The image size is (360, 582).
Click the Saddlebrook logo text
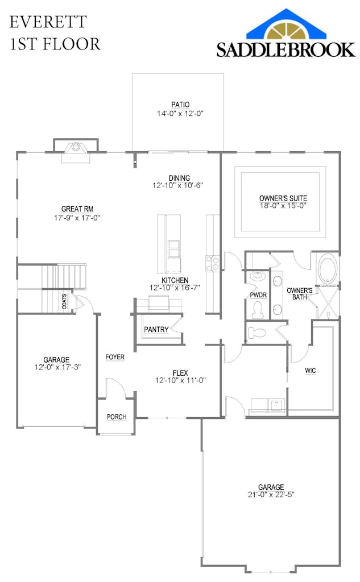(285, 49)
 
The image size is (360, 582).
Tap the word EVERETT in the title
(48, 22)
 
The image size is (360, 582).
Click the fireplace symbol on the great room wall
(75, 148)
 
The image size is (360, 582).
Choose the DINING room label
(179, 178)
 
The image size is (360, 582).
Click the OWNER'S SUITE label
(283, 198)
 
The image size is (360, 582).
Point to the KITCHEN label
(175, 281)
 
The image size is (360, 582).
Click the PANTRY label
(156, 330)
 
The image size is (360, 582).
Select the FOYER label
(115, 357)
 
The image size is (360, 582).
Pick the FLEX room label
(180, 373)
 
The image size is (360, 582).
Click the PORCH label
(117, 417)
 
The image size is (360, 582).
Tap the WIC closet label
(310, 371)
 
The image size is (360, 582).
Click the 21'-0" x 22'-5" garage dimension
(271, 494)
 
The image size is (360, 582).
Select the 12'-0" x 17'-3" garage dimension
(56, 367)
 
